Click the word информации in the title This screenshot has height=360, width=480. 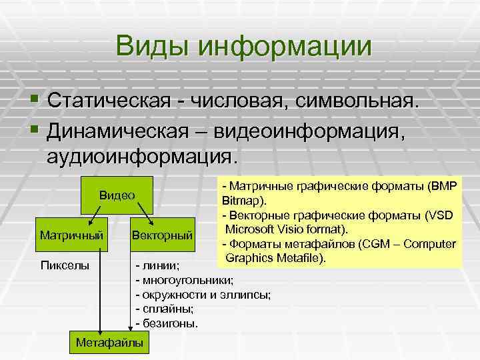[x=284, y=47]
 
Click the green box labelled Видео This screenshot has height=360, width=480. [x=117, y=195]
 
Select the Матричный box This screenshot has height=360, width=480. [x=71, y=235]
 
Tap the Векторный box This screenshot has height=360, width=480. [x=163, y=235]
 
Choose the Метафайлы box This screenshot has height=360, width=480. [x=110, y=343]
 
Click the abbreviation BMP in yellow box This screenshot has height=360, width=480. [x=442, y=187]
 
